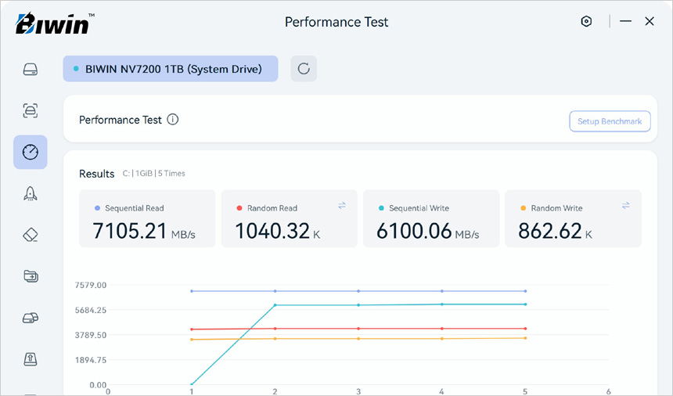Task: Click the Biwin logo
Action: point(53,23)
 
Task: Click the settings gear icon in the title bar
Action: point(586,22)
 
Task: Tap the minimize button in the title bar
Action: point(625,22)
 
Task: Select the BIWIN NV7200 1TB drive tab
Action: point(170,69)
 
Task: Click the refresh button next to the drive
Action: point(304,69)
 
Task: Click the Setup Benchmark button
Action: point(609,121)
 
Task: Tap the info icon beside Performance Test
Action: point(173,120)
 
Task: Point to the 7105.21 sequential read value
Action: point(129,231)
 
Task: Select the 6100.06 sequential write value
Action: point(414,231)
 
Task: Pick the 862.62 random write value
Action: point(550,231)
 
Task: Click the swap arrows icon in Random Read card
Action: point(342,206)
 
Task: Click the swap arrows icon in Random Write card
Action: point(626,206)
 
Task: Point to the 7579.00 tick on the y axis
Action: point(91,285)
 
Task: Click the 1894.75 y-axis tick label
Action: point(91,360)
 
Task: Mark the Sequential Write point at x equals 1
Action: point(192,384)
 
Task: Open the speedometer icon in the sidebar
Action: point(30,152)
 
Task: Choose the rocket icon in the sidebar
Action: point(30,194)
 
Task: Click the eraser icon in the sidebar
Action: point(30,235)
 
